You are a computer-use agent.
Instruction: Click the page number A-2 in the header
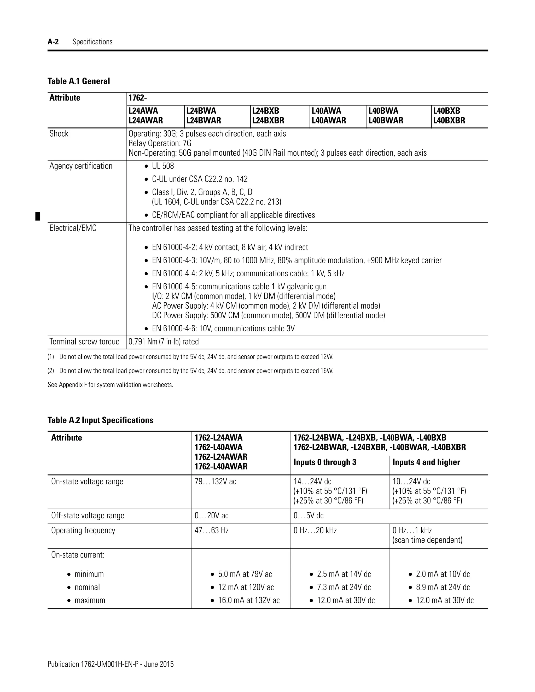(53, 42)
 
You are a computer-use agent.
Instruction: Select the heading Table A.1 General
(79, 81)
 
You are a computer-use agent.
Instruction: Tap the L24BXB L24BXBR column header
(268, 116)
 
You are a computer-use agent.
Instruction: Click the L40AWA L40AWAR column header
(329, 116)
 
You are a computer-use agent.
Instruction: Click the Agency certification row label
(81, 166)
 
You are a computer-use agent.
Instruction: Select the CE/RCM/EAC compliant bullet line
(233, 215)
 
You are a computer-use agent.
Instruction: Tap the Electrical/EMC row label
(73, 228)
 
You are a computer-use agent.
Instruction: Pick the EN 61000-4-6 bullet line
(223, 329)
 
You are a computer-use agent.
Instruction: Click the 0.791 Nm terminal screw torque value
(164, 342)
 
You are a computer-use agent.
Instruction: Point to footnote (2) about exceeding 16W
(190, 371)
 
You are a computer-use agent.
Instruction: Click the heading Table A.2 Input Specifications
(100, 420)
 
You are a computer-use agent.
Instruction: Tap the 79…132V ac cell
(215, 482)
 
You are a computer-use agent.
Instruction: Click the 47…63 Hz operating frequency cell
(211, 530)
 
